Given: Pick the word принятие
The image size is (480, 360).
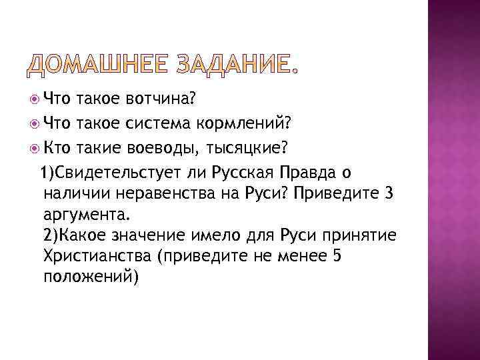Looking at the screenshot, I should coord(360,237).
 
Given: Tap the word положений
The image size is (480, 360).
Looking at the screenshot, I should coord(89,279).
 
